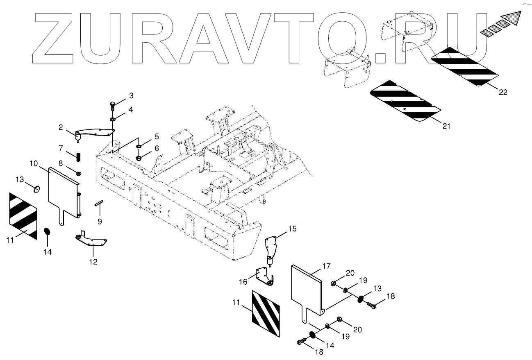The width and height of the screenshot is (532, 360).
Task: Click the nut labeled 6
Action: pyautogui.click(x=139, y=157)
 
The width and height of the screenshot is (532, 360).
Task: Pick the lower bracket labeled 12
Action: pyautogui.click(x=92, y=243)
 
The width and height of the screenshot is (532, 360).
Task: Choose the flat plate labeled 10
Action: pyautogui.click(x=64, y=192)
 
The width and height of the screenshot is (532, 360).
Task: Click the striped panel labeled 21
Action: pyautogui.click(x=404, y=101)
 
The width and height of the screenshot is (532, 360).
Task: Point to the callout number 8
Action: pyautogui.click(x=60, y=163)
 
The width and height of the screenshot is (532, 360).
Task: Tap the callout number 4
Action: pyautogui.click(x=130, y=110)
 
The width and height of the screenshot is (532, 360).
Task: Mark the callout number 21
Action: pyautogui.click(x=446, y=126)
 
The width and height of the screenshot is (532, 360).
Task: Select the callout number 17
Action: pyautogui.click(x=326, y=266)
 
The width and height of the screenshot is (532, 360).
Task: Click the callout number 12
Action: pyautogui.click(x=93, y=262)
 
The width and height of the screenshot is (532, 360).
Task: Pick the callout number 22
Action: pyautogui.click(x=503, y=93)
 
